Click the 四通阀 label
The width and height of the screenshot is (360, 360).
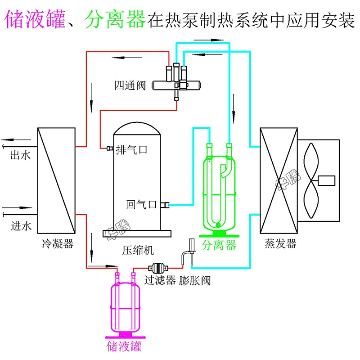click(x=130, y=85)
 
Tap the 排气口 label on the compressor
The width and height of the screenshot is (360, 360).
click(x=131, y=150)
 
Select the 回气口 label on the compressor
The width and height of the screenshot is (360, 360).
click(x=141, y=204)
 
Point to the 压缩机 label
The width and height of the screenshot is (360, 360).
click(x=138, y=250)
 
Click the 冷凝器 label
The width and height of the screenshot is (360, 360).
click(x=58, y=243)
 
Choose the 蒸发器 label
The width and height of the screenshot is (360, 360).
click(x=280, y=243)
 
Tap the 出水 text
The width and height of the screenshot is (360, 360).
click(x=20, y=155)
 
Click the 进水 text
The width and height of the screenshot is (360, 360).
click(x=21, y=226)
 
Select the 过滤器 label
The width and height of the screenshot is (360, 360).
click(x=160, y=280)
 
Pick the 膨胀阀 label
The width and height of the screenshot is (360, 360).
click(x=195, y=280)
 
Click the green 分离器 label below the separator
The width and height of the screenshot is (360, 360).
click(x=219, y=245)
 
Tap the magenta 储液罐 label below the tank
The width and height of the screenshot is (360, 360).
click(x=124, y=346)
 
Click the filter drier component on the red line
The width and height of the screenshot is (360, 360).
click(x=158, y=268)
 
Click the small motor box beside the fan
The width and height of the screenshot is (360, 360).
click(x=327, y=180)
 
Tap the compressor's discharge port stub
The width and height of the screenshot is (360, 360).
click(x=110, y=148)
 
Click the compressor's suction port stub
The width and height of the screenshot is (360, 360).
click(x=165, y=205)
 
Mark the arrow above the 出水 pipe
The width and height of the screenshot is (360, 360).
click(x=16, y=139)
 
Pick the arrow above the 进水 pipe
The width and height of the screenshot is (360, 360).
click(x=17, y=208)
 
